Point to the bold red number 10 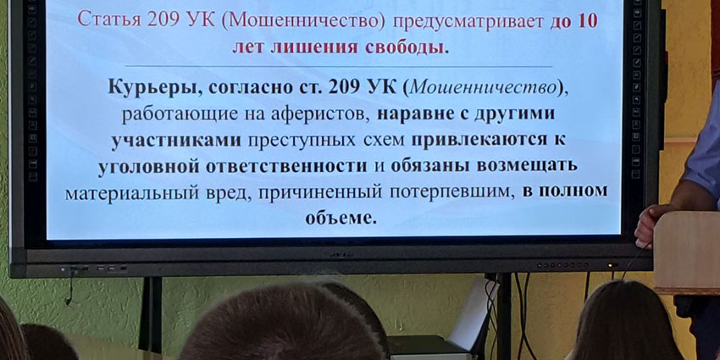[587, 21]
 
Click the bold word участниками [176, 140]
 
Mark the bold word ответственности [285, 166]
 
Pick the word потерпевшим [451, 192]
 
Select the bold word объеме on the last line [341, 218]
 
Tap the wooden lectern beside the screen [687, 252]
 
